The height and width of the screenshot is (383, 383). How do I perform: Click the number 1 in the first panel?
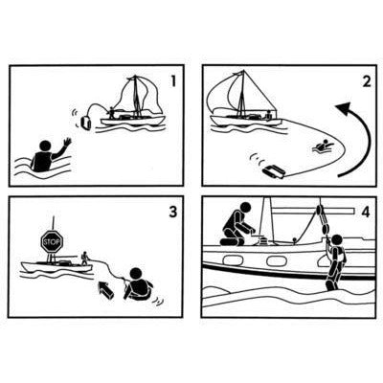click(x=172, y=81)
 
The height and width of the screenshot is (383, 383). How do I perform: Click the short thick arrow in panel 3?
click(x=105, y=287)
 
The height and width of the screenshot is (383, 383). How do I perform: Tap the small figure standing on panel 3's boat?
click(x=84, y=256)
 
